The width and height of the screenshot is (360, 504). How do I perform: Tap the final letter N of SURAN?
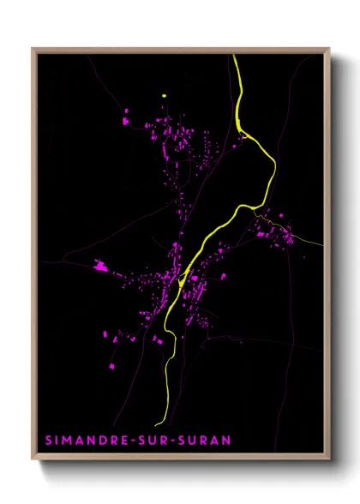(x=226, y=441)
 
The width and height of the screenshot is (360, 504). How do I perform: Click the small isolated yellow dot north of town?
(x=163, y=95)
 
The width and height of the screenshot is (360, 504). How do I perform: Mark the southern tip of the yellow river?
(x=157, y=424)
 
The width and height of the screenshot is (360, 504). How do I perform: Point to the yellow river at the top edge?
(x=234, y=57)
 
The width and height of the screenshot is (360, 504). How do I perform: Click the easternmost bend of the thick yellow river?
(x=274, y=163)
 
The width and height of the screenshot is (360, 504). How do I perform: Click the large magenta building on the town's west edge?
(x=100, y=267)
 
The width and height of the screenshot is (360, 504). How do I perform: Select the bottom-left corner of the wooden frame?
(x=33, y=460)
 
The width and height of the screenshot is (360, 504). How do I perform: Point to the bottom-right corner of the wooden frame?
(x=329, y=460)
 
